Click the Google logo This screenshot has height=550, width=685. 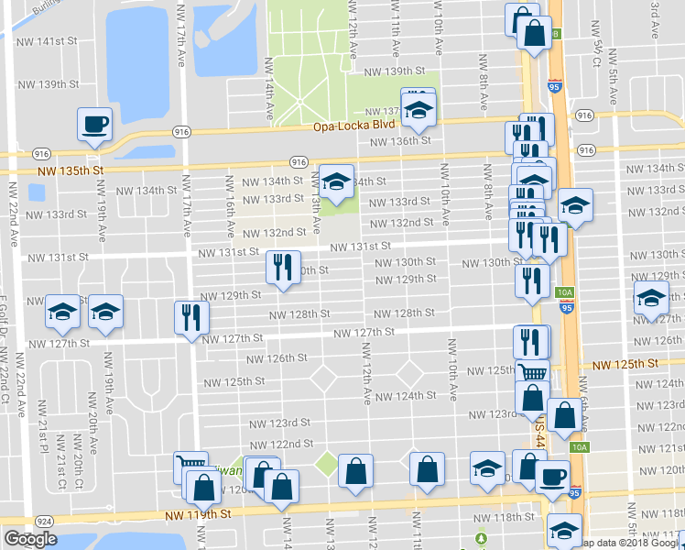coord(30,539)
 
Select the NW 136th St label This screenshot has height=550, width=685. coord(400,141)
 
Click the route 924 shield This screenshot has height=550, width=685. coord(42,521)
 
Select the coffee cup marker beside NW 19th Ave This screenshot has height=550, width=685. coord(94,125)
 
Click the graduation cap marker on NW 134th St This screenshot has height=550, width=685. coord(336,182)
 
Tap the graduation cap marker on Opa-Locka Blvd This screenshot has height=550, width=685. coord(419,112)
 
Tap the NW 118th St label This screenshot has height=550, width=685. coord(496,518)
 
